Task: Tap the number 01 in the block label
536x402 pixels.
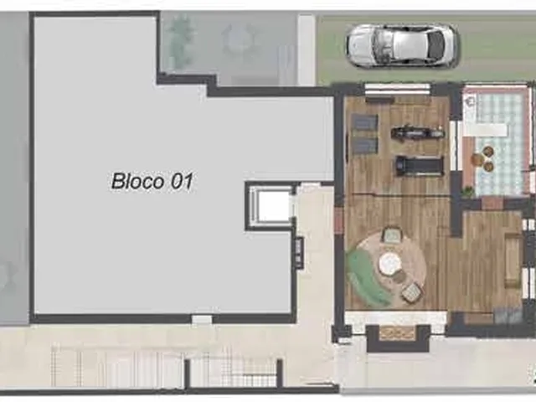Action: click(x=182, y=181)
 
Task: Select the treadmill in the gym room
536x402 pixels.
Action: click(x=420, y=166)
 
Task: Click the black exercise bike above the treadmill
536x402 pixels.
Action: click(x=417, y=132)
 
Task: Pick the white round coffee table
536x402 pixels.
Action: click(x=390, y=262)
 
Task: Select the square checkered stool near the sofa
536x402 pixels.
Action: click(x=411, y=292)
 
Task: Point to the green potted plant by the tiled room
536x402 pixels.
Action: click(x=467, y=191)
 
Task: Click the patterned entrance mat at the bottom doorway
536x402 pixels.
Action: click(x=398, y=332)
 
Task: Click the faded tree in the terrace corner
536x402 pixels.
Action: click(x=181, y=37)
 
